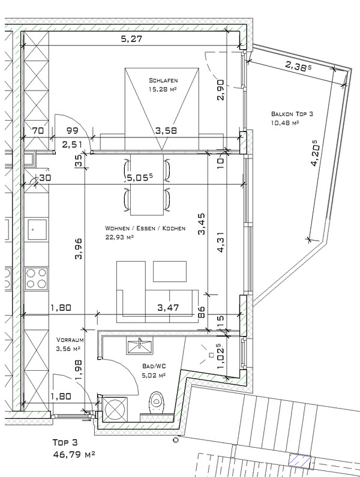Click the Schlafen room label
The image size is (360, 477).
click(x=163, y=80)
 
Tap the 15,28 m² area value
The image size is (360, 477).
click(x=163, y=89)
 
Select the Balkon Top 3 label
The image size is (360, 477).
click(x=292, y=114)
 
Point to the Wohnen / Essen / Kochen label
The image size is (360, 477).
click(x=145, y=228)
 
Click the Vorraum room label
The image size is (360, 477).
click(x=70, y=340)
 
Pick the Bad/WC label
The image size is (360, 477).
click(x=154, y=366)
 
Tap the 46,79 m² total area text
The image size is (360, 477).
click(x=74, y=455)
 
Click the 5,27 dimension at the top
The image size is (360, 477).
click(x=131, y=38)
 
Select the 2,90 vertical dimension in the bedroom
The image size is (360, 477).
click(x=221, y=90)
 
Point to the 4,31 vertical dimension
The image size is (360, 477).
click(x=221, y=242)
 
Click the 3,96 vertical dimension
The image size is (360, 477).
click(x=78, y=248)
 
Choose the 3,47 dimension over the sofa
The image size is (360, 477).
click(x=168, y=308)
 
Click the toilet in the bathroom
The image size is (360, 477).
click(x=157, y=401)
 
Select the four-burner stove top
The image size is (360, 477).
click(x=37, y=278)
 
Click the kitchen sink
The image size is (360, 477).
click(x=36, y=230)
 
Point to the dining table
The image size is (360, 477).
click(x=146, y=185)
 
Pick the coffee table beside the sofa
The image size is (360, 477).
click(x=170, y=271)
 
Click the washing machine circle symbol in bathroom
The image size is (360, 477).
click(x=115, y=409)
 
